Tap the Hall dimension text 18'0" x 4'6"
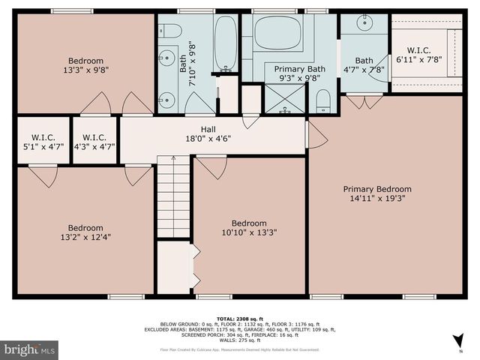coord(197,138)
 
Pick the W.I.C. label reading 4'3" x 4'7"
coord(94,142)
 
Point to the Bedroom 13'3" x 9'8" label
coord(85,66)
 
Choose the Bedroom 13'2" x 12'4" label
coord(85,233)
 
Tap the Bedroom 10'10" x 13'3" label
coord(248,228)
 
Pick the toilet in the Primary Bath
coord(323,100)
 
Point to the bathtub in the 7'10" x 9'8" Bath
coord(224,43)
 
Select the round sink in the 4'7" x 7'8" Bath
coord(365,23)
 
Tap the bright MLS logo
coord(30,349)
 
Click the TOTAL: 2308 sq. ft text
coord(239,319)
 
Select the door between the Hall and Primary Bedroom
coord(315,136)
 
